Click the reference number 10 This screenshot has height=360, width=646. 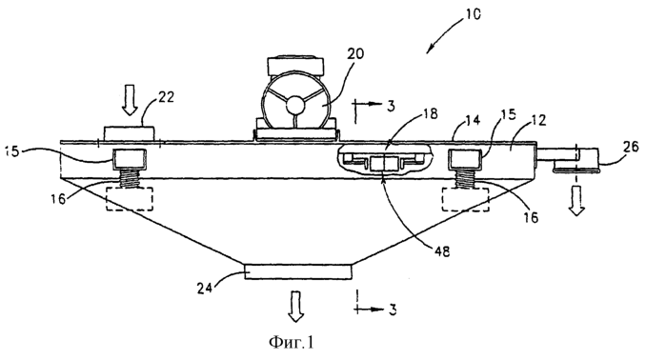[472, 15]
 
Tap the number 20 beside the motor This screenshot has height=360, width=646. [355, 54]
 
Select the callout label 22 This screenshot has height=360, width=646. [165, 97]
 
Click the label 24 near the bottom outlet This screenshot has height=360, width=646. [204, 288]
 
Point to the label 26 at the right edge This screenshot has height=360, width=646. [632, 147]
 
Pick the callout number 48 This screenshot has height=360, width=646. [440, 251]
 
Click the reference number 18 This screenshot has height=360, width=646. [430, 113]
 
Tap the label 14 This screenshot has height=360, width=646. [473, 120]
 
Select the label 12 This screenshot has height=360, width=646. [538, 120]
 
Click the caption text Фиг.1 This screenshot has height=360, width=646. [291, 342]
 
